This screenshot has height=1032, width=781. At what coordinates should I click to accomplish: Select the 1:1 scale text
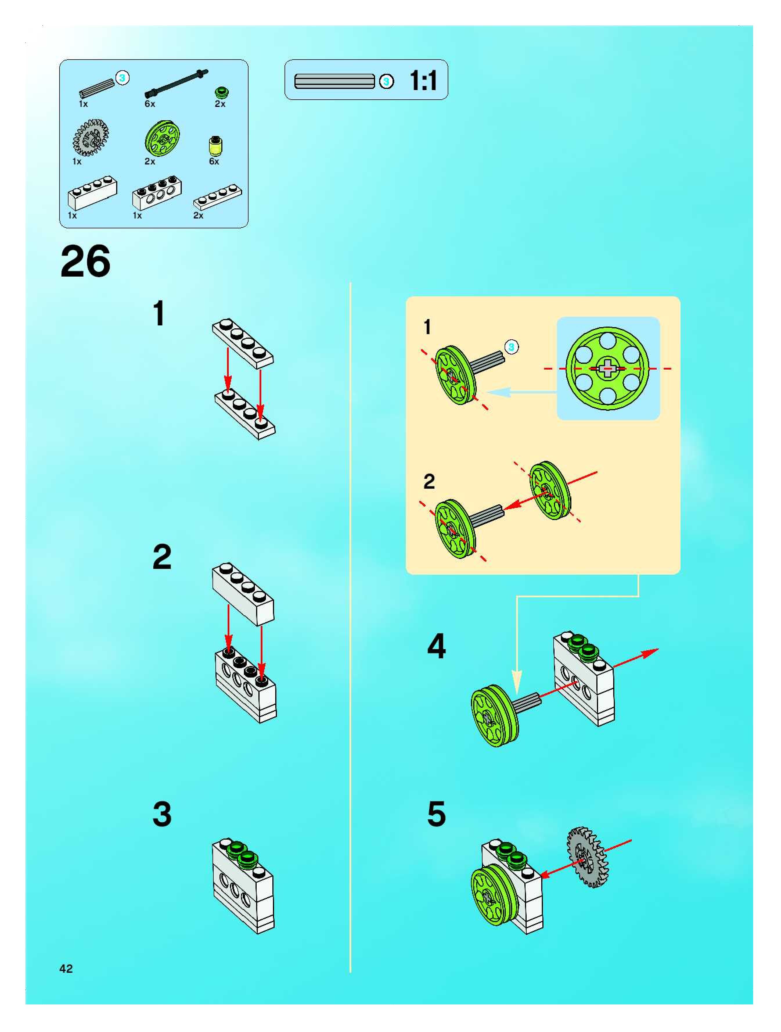coord(423,80)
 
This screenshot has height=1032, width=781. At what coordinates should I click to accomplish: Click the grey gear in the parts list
coord(91,138)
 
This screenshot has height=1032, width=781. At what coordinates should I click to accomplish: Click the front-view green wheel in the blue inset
coord(607,369)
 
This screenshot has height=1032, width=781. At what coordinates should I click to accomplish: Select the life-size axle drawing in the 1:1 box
coord(334,81)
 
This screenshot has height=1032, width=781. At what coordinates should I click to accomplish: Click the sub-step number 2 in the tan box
coord(429,481)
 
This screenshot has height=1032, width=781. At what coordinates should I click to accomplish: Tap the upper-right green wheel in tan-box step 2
coord(550,490)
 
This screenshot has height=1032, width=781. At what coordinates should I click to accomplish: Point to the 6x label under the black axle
coord(150,104)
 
